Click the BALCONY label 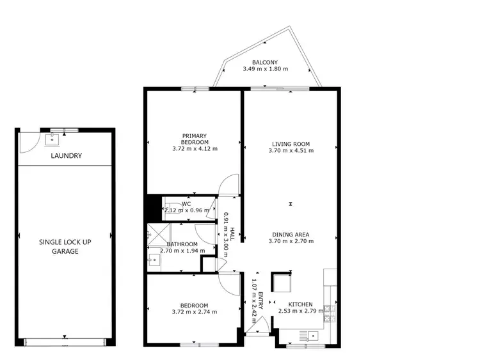(x=265, y=62)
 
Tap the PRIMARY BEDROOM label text (x=195, y=139)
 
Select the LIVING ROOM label (x=291, y=144)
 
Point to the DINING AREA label (x=291, y=234)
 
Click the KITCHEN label (x=300, y=304)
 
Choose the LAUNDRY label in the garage (x=66, y=156)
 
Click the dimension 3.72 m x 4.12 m (x=195, y=148)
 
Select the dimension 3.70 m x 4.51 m (x=291, y=152)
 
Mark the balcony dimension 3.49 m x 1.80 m (x=265, y=69)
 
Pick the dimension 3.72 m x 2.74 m (x=195, y=312)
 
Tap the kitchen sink (x=313, y=335)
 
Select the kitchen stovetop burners (x=330, y=311)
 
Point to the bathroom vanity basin (x=154, y=260)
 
